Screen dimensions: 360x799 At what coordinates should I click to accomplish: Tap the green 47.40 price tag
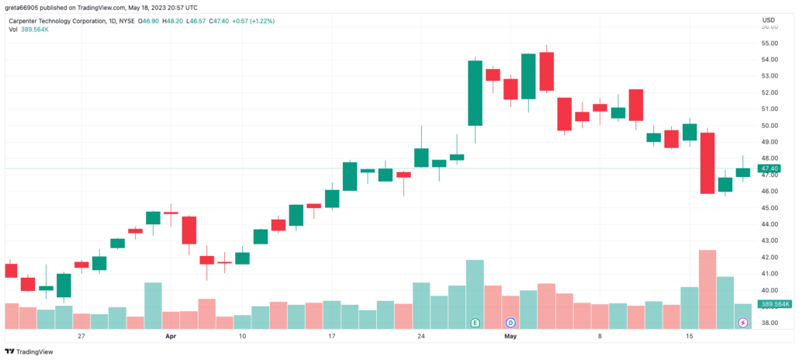tap(770, 168)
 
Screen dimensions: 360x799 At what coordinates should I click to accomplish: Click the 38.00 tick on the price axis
tap(770, 323)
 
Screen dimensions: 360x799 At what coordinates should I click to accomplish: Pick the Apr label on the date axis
tap(171, 337)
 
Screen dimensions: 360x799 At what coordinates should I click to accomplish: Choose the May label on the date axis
tap(510, 337)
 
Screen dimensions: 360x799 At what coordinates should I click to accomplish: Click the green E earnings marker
tap(476, 321)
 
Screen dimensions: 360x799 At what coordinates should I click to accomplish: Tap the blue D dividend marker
tap(510, 321)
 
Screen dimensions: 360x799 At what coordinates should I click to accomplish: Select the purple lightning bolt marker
tap(743, 321)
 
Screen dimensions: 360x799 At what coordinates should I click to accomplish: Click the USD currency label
tap(769, 19)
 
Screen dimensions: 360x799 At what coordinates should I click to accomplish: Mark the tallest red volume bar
tap(707, 287)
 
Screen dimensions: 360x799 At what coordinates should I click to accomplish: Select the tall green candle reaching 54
tap(476, 92)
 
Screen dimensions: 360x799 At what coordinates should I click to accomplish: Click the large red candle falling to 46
tap(707, 163)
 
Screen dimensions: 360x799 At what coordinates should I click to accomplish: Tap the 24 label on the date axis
tap(421, 337)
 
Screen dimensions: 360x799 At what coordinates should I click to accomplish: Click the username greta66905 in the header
tap(24, 6)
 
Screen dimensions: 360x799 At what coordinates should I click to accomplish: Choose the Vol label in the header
tap(14, 29)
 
